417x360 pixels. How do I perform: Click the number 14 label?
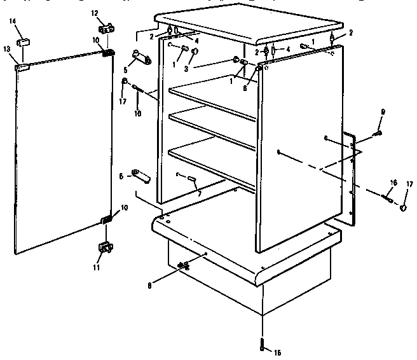13,22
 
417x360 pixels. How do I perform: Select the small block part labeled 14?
25,41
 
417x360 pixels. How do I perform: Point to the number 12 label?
95,13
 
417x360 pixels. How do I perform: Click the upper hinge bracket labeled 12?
106,29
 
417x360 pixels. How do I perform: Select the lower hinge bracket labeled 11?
105,246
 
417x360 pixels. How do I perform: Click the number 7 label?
200,193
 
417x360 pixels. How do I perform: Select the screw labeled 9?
379,133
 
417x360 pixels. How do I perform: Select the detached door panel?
60,153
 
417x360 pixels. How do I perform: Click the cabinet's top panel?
248,22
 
